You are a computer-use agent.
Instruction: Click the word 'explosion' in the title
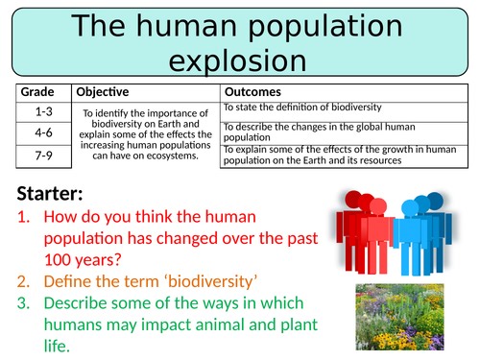pos(239,60)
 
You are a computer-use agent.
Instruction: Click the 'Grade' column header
pos(41,92)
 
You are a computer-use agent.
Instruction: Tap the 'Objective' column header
pos(103,92)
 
